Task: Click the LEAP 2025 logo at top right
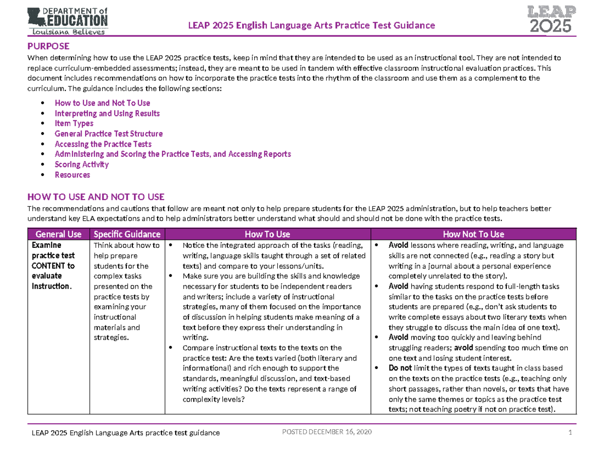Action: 549,19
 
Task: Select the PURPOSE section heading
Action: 48,46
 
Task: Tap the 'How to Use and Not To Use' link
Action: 95,103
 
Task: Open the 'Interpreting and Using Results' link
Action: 107,113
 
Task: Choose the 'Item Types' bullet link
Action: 73,123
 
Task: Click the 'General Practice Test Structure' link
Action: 108,134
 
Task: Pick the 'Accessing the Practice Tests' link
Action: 103,144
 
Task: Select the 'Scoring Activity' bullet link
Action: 82,164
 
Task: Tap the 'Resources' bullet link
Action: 72,175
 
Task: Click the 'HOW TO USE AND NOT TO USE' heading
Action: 96,196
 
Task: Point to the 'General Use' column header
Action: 58,234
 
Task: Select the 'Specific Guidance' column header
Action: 127,234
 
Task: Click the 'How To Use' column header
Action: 267,234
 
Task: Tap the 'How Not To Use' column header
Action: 473,234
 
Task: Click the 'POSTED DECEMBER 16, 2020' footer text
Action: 327,433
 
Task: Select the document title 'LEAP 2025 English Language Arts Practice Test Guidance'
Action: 311,26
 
